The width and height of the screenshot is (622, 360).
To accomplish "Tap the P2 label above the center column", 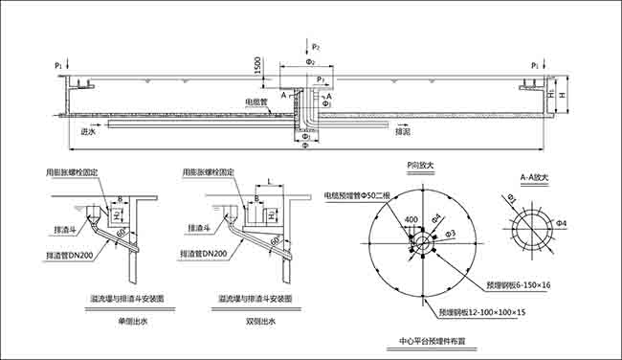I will tap(316, 47).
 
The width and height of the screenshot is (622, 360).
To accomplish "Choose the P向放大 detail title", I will tap(420, 165).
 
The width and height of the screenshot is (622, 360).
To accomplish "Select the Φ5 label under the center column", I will tap(304, 146).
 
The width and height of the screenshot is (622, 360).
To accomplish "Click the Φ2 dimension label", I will tap(309, 61).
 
